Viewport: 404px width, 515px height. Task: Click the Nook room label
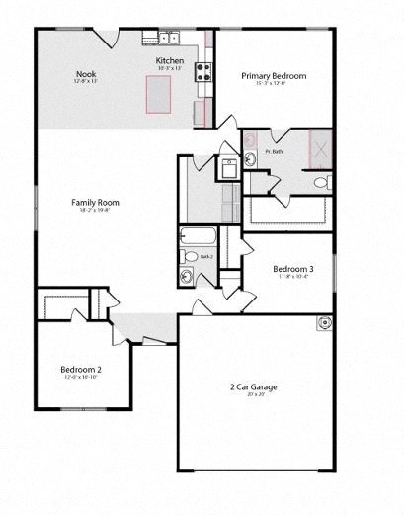86,74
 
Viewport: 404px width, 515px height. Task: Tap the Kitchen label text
169,61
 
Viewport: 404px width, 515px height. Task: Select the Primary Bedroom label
274,76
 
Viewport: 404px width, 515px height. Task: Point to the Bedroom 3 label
293,269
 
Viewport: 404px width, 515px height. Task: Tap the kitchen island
160,93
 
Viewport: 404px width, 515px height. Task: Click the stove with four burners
204,71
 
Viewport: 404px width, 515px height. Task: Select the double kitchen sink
164,39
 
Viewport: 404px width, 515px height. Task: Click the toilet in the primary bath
322,182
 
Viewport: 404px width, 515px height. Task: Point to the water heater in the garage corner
323,323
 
